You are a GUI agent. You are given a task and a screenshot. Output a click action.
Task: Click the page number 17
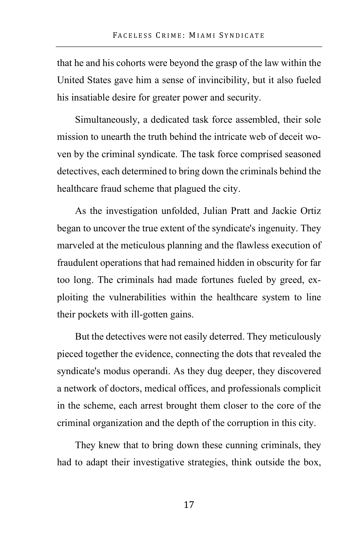pos(189,505)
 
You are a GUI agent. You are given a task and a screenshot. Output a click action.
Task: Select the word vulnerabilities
pos(137,297)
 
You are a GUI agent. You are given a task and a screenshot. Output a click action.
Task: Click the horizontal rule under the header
pos(189,47)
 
